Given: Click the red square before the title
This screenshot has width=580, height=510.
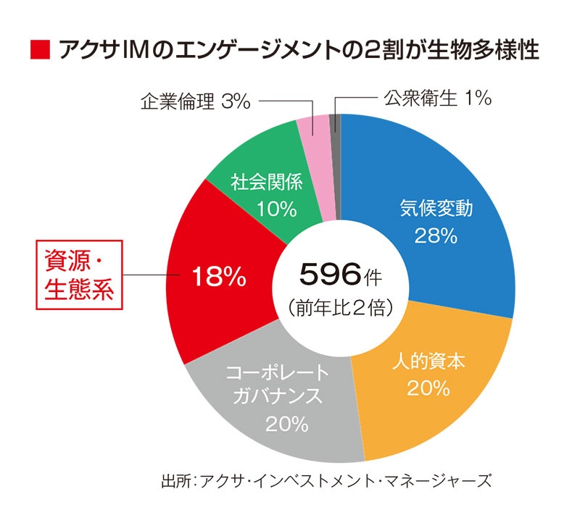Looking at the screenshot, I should [x=39, y=51].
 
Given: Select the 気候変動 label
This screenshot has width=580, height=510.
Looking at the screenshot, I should [x=436, y=209].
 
